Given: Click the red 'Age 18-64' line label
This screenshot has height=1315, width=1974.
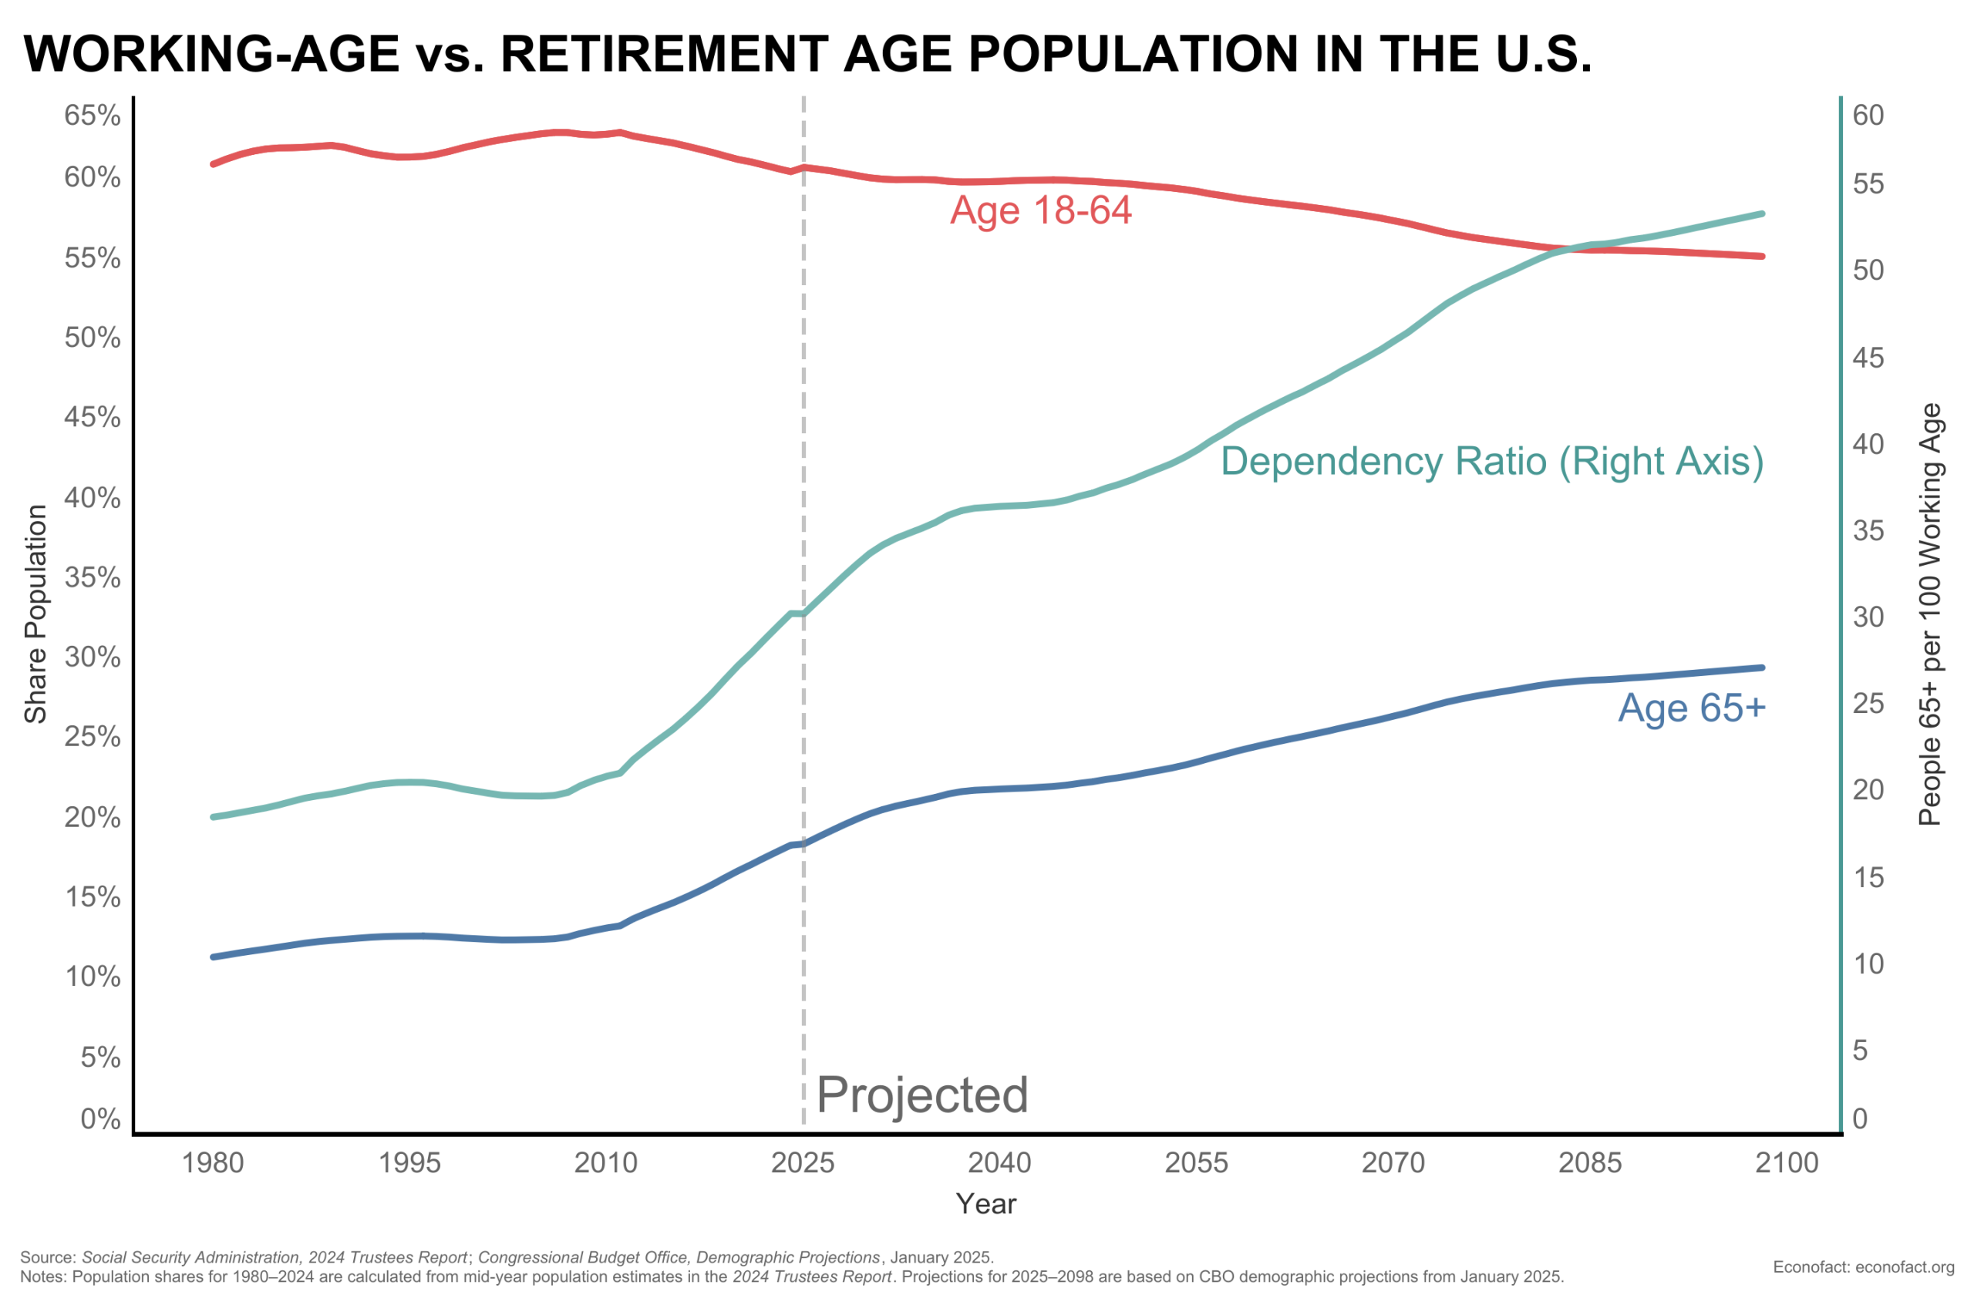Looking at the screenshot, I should click(1040, 210).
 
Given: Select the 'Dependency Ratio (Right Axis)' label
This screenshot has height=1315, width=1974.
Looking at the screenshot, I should click(1491, 461).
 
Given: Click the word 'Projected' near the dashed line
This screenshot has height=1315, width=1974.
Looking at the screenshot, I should click(921, 1095).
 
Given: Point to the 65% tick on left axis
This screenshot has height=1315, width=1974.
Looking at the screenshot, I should click(93, 115).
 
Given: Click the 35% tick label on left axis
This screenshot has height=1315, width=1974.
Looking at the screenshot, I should click(93, 577).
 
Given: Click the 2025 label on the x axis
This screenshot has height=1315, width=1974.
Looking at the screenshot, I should click(803, 1163).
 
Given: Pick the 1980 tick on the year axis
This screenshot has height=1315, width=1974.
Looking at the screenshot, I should click(213, 1163).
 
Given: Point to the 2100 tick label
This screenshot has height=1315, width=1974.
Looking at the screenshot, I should click(1787, 1163).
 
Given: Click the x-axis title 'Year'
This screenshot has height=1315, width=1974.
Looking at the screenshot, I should click(985, 1204).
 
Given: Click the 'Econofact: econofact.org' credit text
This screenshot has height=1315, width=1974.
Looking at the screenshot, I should click(1863, 1267).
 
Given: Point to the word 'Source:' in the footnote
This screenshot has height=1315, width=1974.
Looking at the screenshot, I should click(48, 1258).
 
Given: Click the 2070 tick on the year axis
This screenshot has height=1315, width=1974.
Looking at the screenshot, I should click(1393, 1163).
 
